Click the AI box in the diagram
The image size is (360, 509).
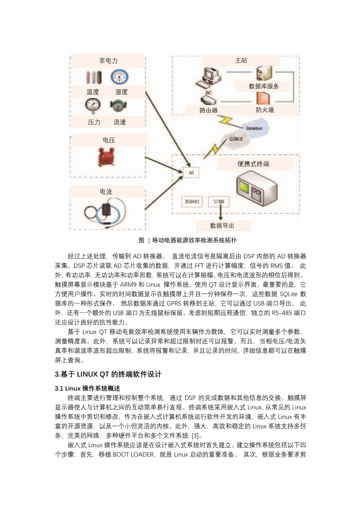pyautogui.click(x=191, y=172)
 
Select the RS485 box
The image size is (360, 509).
pyautogui.click(x=192, y=201)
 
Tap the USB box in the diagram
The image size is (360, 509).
pyautogui.click(x=219, y=201)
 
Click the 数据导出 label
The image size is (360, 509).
pyautogui.click(x=222, y=226)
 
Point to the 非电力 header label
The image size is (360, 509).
pyautogui.click(x=108, y=61)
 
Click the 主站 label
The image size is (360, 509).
pyautogui.click(x=241, y=60)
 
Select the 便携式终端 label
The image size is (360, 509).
pyautogui.click(x=253, y=164)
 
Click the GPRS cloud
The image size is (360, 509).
pyautogui.click(x=235, y=139)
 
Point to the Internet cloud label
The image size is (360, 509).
pyautogui.click(x=254, y=128)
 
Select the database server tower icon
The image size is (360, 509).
pyautogui.click(x=263, y=73)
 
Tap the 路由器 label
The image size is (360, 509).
pyautogui.click(x=209, y=110)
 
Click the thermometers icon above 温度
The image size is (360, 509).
pyautogui.click(x=93, y=77)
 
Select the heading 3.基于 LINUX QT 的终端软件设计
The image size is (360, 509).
pyautogui.click(x=108, y=374)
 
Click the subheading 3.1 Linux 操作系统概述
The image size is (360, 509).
pyautogui.click(x=88, y=388)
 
